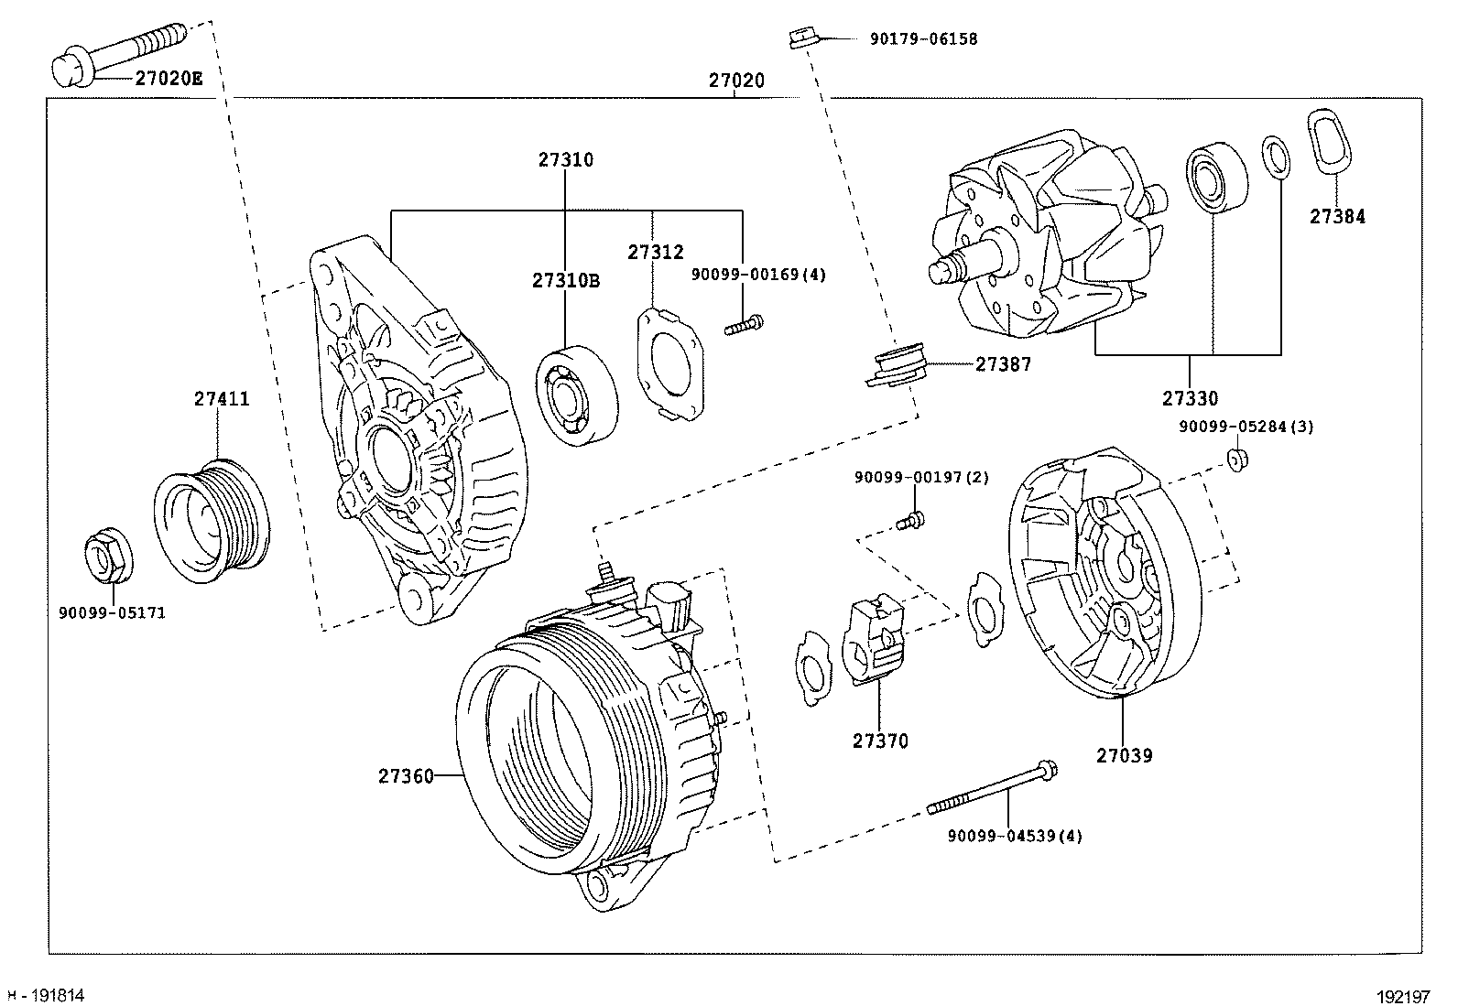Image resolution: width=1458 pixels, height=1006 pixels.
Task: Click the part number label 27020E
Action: pyautogui.click(x=169, y=79)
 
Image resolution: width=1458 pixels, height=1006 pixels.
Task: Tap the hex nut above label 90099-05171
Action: pyautogui.click(x=109, y=555)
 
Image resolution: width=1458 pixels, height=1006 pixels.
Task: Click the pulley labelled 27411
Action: pyautogui.click(x=212, y=521)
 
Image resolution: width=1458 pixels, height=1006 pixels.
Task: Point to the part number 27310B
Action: pyautogui.click(x=566, y=280)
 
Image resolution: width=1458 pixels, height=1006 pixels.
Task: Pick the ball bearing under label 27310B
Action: pyautogui.click(x=577, y=395)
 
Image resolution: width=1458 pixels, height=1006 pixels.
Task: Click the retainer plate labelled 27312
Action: pyautogui.click(x=670, y=364)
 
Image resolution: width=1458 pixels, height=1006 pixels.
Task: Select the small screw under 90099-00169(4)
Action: pyautogui.click(x=744, y=325)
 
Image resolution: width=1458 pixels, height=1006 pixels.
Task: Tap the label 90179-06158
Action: pyautogui.click(x=924, y=39)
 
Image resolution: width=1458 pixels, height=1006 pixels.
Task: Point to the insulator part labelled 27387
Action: pyautogui.click(x=897, y=365)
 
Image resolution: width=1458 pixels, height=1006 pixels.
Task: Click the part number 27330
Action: pyautogui.click(x=1190, y=398)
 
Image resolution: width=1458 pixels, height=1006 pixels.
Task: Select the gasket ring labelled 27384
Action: pyautogui.click(x=1329, y=142)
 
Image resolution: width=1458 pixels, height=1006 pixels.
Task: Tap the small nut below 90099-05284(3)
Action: pyautogui.click(x=1237, y=460)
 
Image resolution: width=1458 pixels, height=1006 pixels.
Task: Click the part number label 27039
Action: pyautogui.click(x=1124, y=755)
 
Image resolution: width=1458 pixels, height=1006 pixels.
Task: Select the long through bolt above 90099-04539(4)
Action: pyautogui.click(x=993, y=787)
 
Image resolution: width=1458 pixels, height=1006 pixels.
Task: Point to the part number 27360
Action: pyautogui.click(x=406, y=776)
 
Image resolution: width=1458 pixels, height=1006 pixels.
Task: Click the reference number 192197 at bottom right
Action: pyautogui.click(x=1403, y=997)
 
